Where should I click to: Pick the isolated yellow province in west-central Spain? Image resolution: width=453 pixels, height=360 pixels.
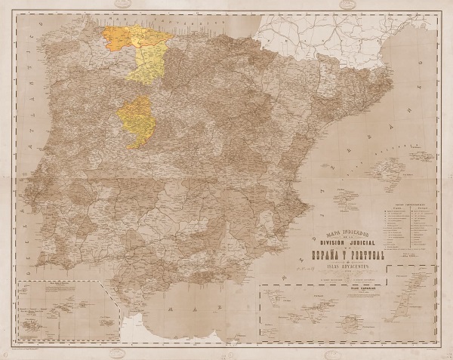pyautogui.click(x=136, y=121)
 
